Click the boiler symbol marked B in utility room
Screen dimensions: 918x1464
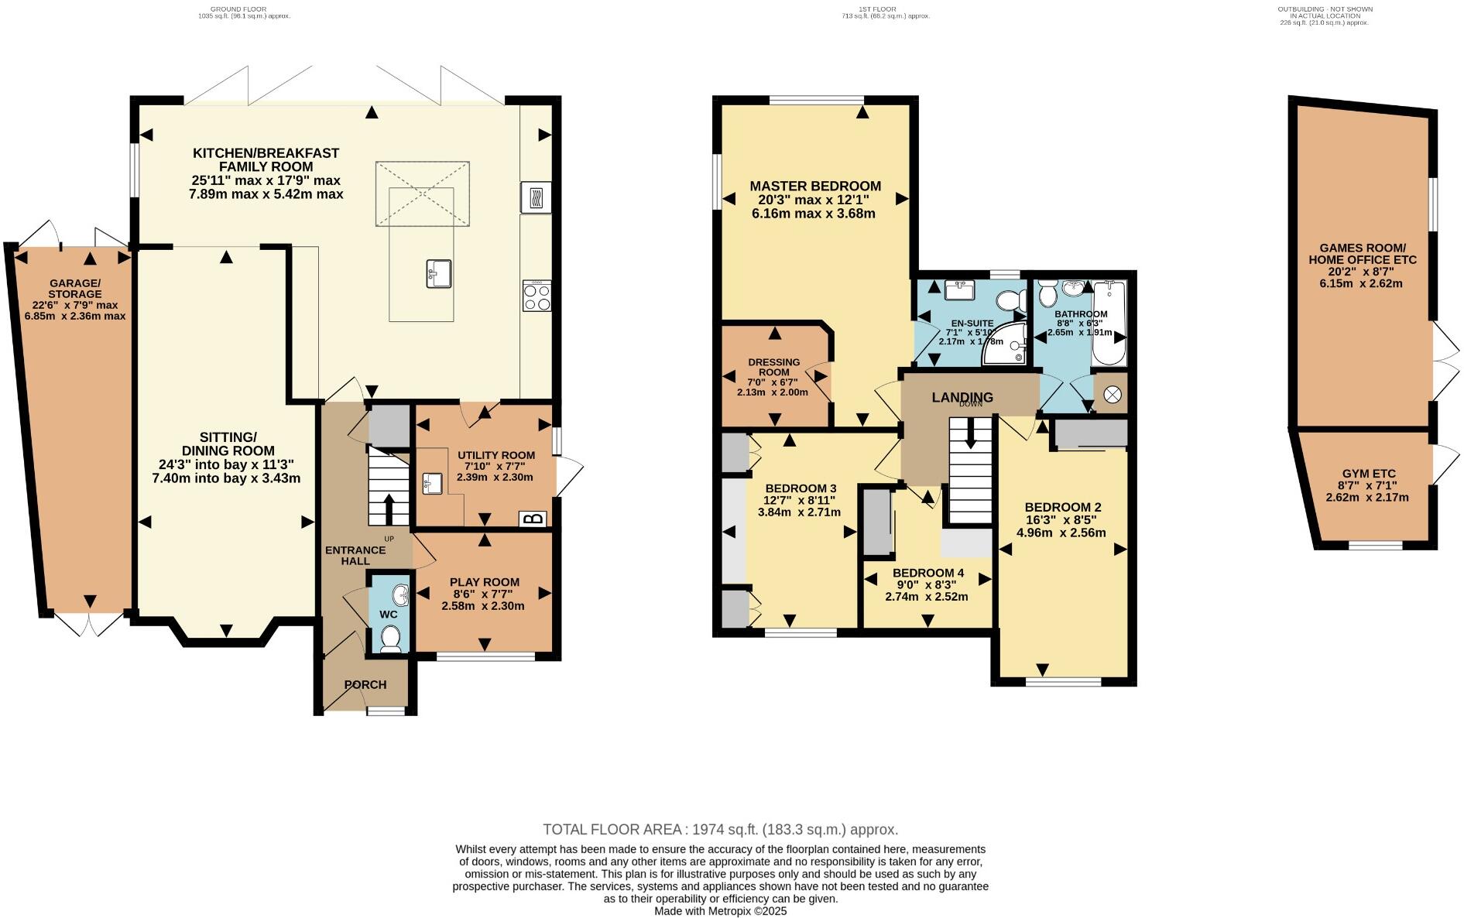tap(536, 519)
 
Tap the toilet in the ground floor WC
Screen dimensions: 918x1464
tap(391, 639)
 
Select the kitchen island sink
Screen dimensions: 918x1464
tap(438, 274)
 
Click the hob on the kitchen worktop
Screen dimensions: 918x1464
tap(537, 296)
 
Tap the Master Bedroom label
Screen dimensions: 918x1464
tap(814, 186)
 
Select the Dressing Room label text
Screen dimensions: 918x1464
tap(773, 367)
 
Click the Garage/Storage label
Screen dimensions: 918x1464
tap(74, 289)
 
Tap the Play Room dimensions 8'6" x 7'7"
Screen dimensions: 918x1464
tap(483, 594)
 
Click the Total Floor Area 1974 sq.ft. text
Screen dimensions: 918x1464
tap(720, 830)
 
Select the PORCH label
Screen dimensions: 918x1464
tap(365, 684)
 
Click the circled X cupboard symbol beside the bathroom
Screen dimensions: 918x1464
tap(1112, 395)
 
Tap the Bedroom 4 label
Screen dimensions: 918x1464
tap(926, 573)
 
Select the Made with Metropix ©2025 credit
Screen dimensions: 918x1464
tap(720, 911)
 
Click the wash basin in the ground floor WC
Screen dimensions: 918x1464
tap(402, 595)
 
